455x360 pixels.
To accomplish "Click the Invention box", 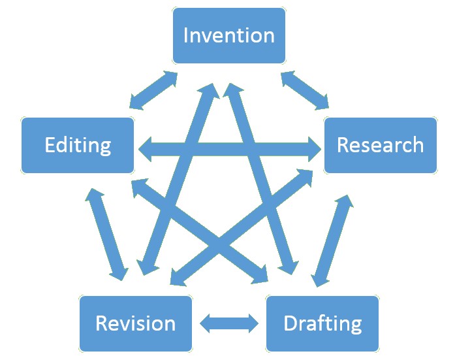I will [228, 35].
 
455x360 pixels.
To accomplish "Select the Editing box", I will [77, 145].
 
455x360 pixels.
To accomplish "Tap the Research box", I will [380, 145].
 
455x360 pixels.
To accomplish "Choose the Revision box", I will [135, 323].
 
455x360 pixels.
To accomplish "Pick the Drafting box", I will [322, 323].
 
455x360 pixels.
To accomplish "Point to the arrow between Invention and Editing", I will [153, 90].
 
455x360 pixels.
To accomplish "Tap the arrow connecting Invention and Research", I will [305, 90].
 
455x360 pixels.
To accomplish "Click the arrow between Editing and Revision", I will [106, 234].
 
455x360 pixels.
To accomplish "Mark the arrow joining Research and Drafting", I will [332, 240].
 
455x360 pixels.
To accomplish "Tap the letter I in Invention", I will [186, 35].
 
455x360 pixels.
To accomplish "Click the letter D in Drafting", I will [290, 323].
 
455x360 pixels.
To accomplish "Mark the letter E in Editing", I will [50, 145].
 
